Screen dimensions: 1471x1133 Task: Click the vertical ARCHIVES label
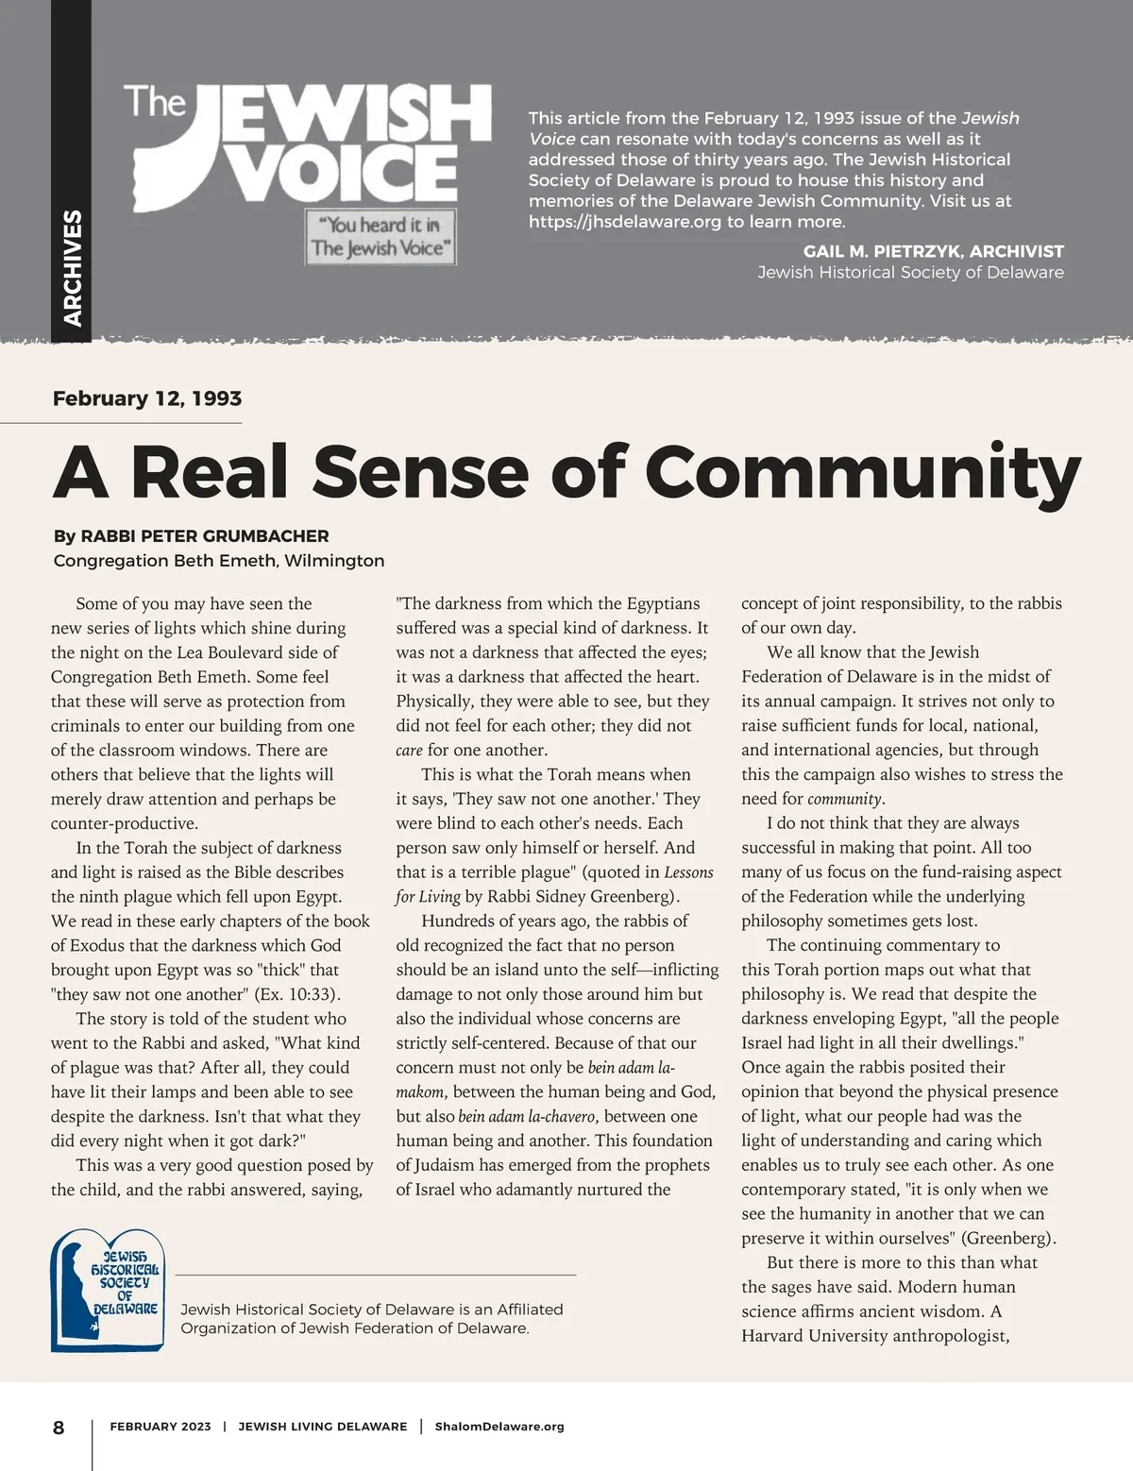point(72,268)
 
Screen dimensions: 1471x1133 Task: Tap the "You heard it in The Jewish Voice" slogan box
point(380,237)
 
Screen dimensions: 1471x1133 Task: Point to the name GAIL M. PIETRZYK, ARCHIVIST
point(933,251)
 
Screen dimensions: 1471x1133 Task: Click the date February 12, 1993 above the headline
point(147,398)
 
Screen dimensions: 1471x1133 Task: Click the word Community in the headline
point(863,472)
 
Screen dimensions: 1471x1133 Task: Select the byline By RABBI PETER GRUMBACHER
point(192,536)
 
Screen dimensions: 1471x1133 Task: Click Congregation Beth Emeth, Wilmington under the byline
point(219,561)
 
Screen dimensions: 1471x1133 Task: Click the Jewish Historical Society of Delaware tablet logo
point(107,1291)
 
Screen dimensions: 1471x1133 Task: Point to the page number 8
point(59,1428)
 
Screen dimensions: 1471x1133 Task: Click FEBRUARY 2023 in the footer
point(161,1427)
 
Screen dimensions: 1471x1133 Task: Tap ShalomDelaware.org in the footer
point(499,1427)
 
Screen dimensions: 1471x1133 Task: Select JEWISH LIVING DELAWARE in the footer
point(323,1427)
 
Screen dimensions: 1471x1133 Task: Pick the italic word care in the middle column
point(409,751)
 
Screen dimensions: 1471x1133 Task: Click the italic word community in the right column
point(845,800)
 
